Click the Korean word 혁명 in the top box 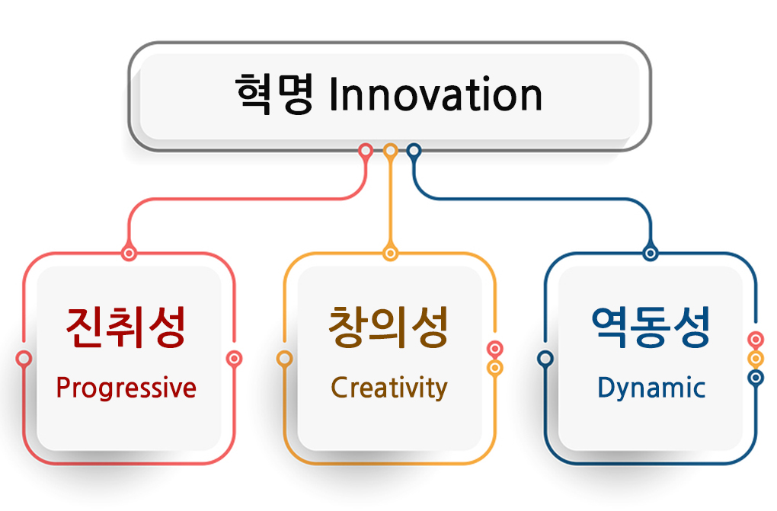tap(274, 94)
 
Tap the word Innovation tap(436, 94)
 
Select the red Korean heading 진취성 tap(126, 327)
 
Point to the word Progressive tap(126, 388)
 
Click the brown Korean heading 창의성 tap(388, 327)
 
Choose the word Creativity tap(389, 388)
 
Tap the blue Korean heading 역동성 tap(651, 327)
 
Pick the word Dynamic tap(651, 388)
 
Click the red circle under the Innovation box tap(366, 150)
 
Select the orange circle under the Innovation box tap(391, 150)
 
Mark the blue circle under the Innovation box tap(414, 150)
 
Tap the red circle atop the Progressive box tap(129, 254)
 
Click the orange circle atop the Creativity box tap(391, 254)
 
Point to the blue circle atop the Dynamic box tap(650, 254)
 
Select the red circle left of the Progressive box tap(24, 359)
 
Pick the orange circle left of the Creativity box tap(284, 359)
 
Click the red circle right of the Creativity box tap(494, 349)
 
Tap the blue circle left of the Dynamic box tap(545, 359)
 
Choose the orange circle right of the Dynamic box tap(756, 359)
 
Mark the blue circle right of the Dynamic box tap(756, 378)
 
